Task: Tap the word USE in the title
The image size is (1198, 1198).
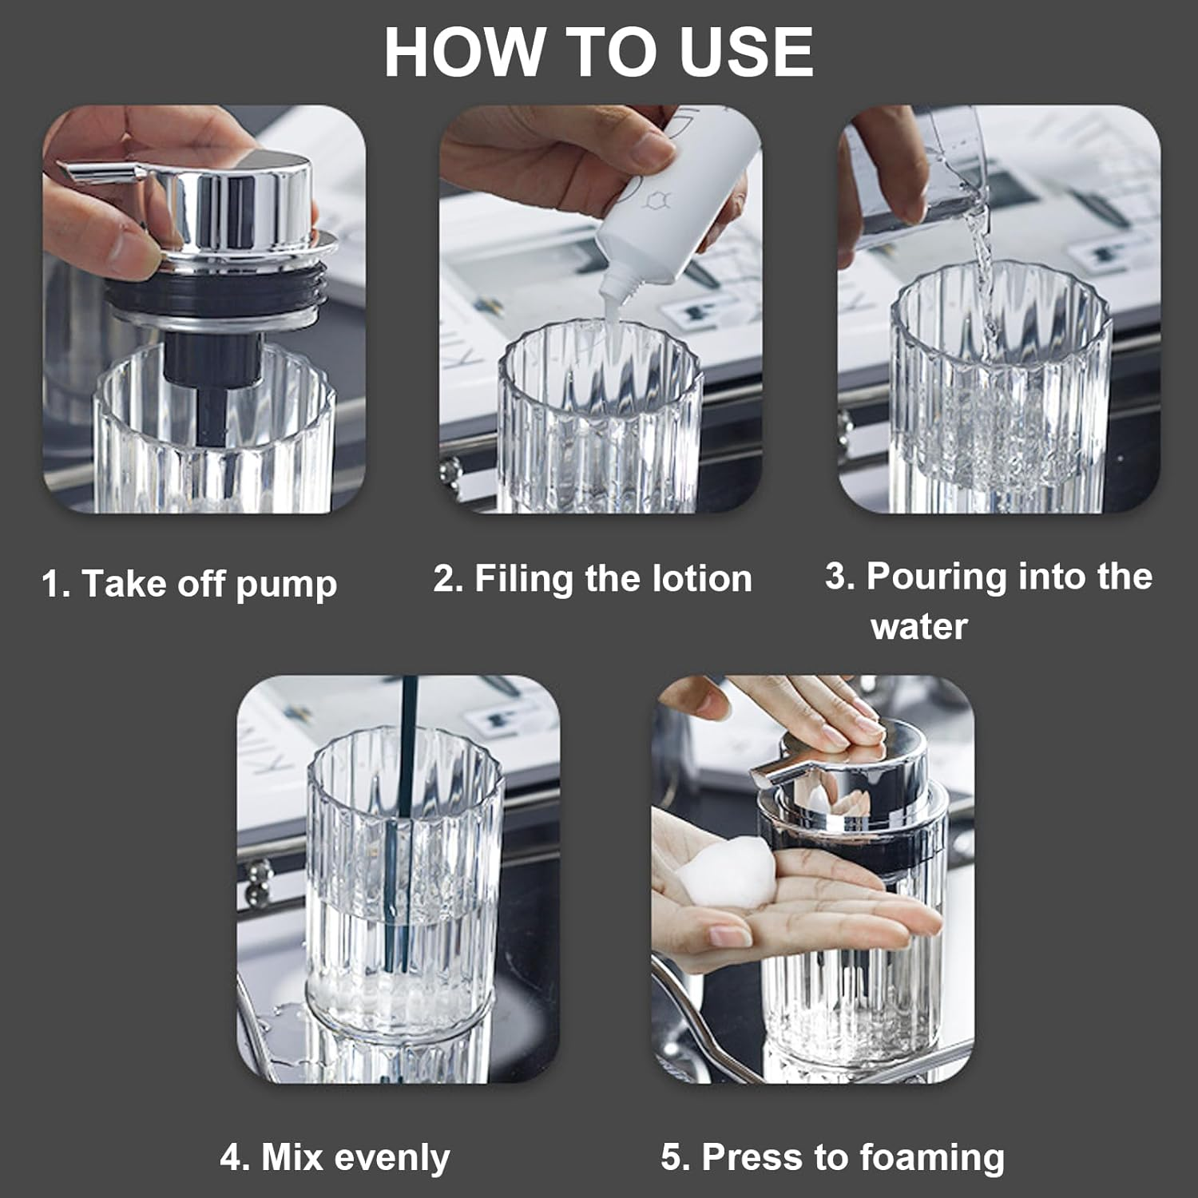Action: tap(745, 53)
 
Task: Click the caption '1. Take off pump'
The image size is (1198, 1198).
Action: tap(189, 584)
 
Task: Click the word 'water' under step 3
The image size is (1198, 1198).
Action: tap(919, 626)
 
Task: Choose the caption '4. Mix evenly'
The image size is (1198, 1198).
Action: tap(335, 1157)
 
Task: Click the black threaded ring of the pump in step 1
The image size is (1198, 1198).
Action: tap(216, 292)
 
